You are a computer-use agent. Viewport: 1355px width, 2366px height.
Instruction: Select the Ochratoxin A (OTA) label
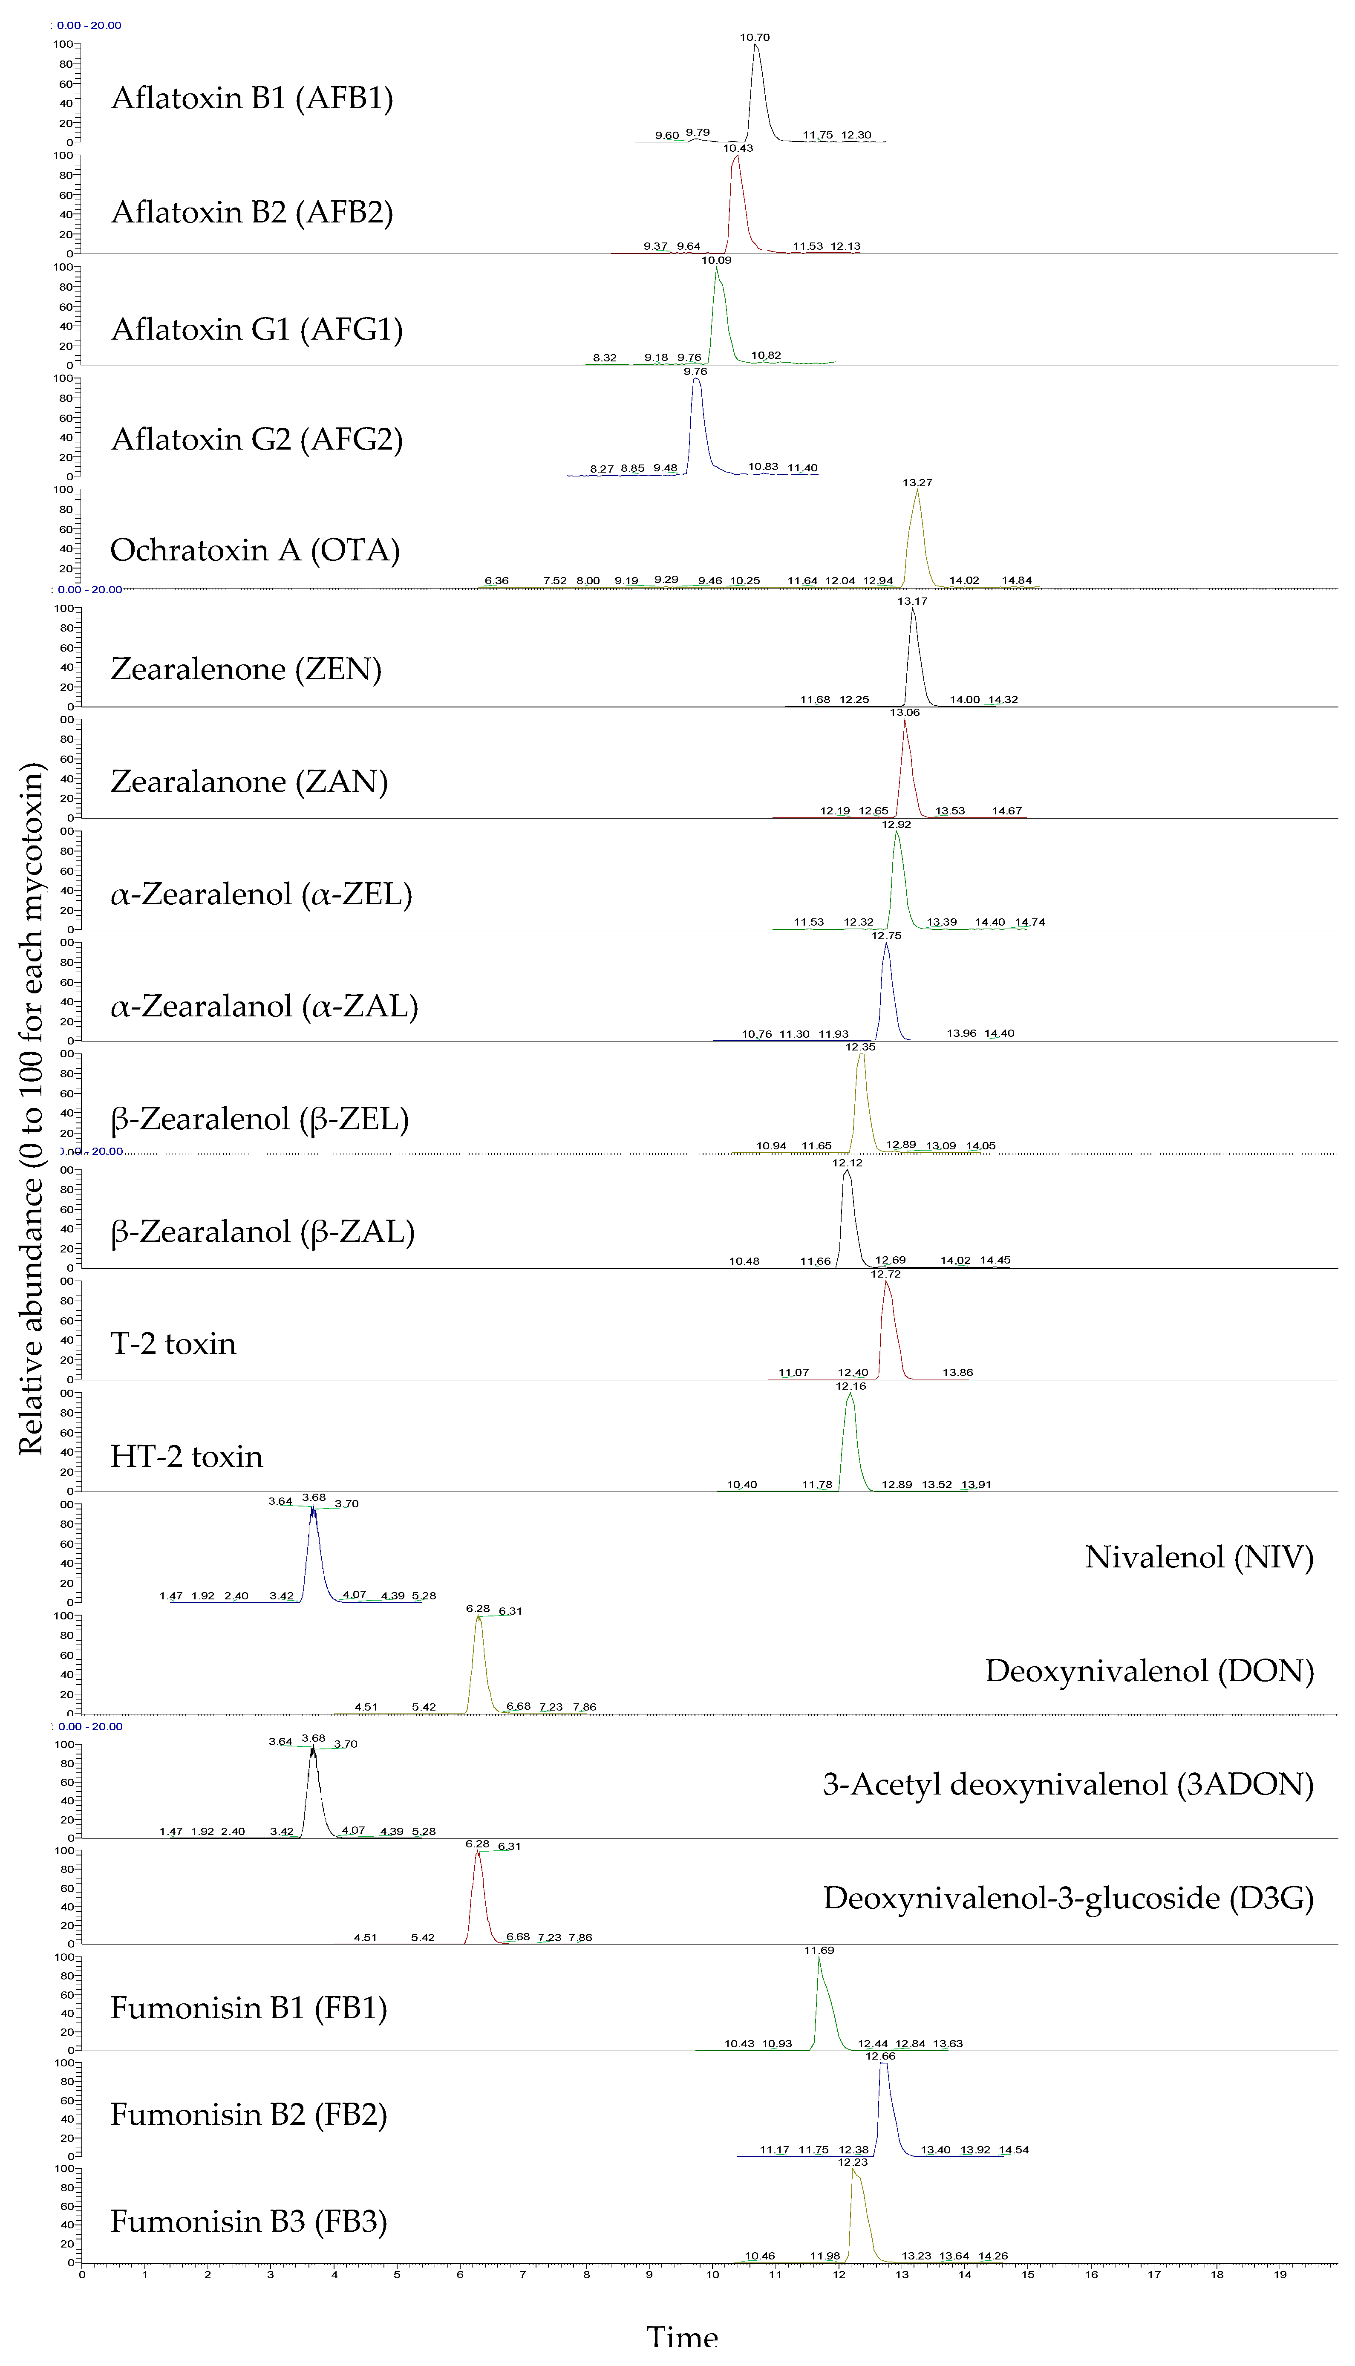point(255,550)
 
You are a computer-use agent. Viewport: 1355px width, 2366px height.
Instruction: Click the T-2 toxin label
point(173,1344)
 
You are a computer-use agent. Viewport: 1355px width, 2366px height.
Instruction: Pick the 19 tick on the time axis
point(1280,2275)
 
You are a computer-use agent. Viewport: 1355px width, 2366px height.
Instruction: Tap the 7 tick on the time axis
point(523,2275)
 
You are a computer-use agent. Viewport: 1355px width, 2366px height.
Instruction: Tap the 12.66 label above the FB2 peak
point(880,2056)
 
